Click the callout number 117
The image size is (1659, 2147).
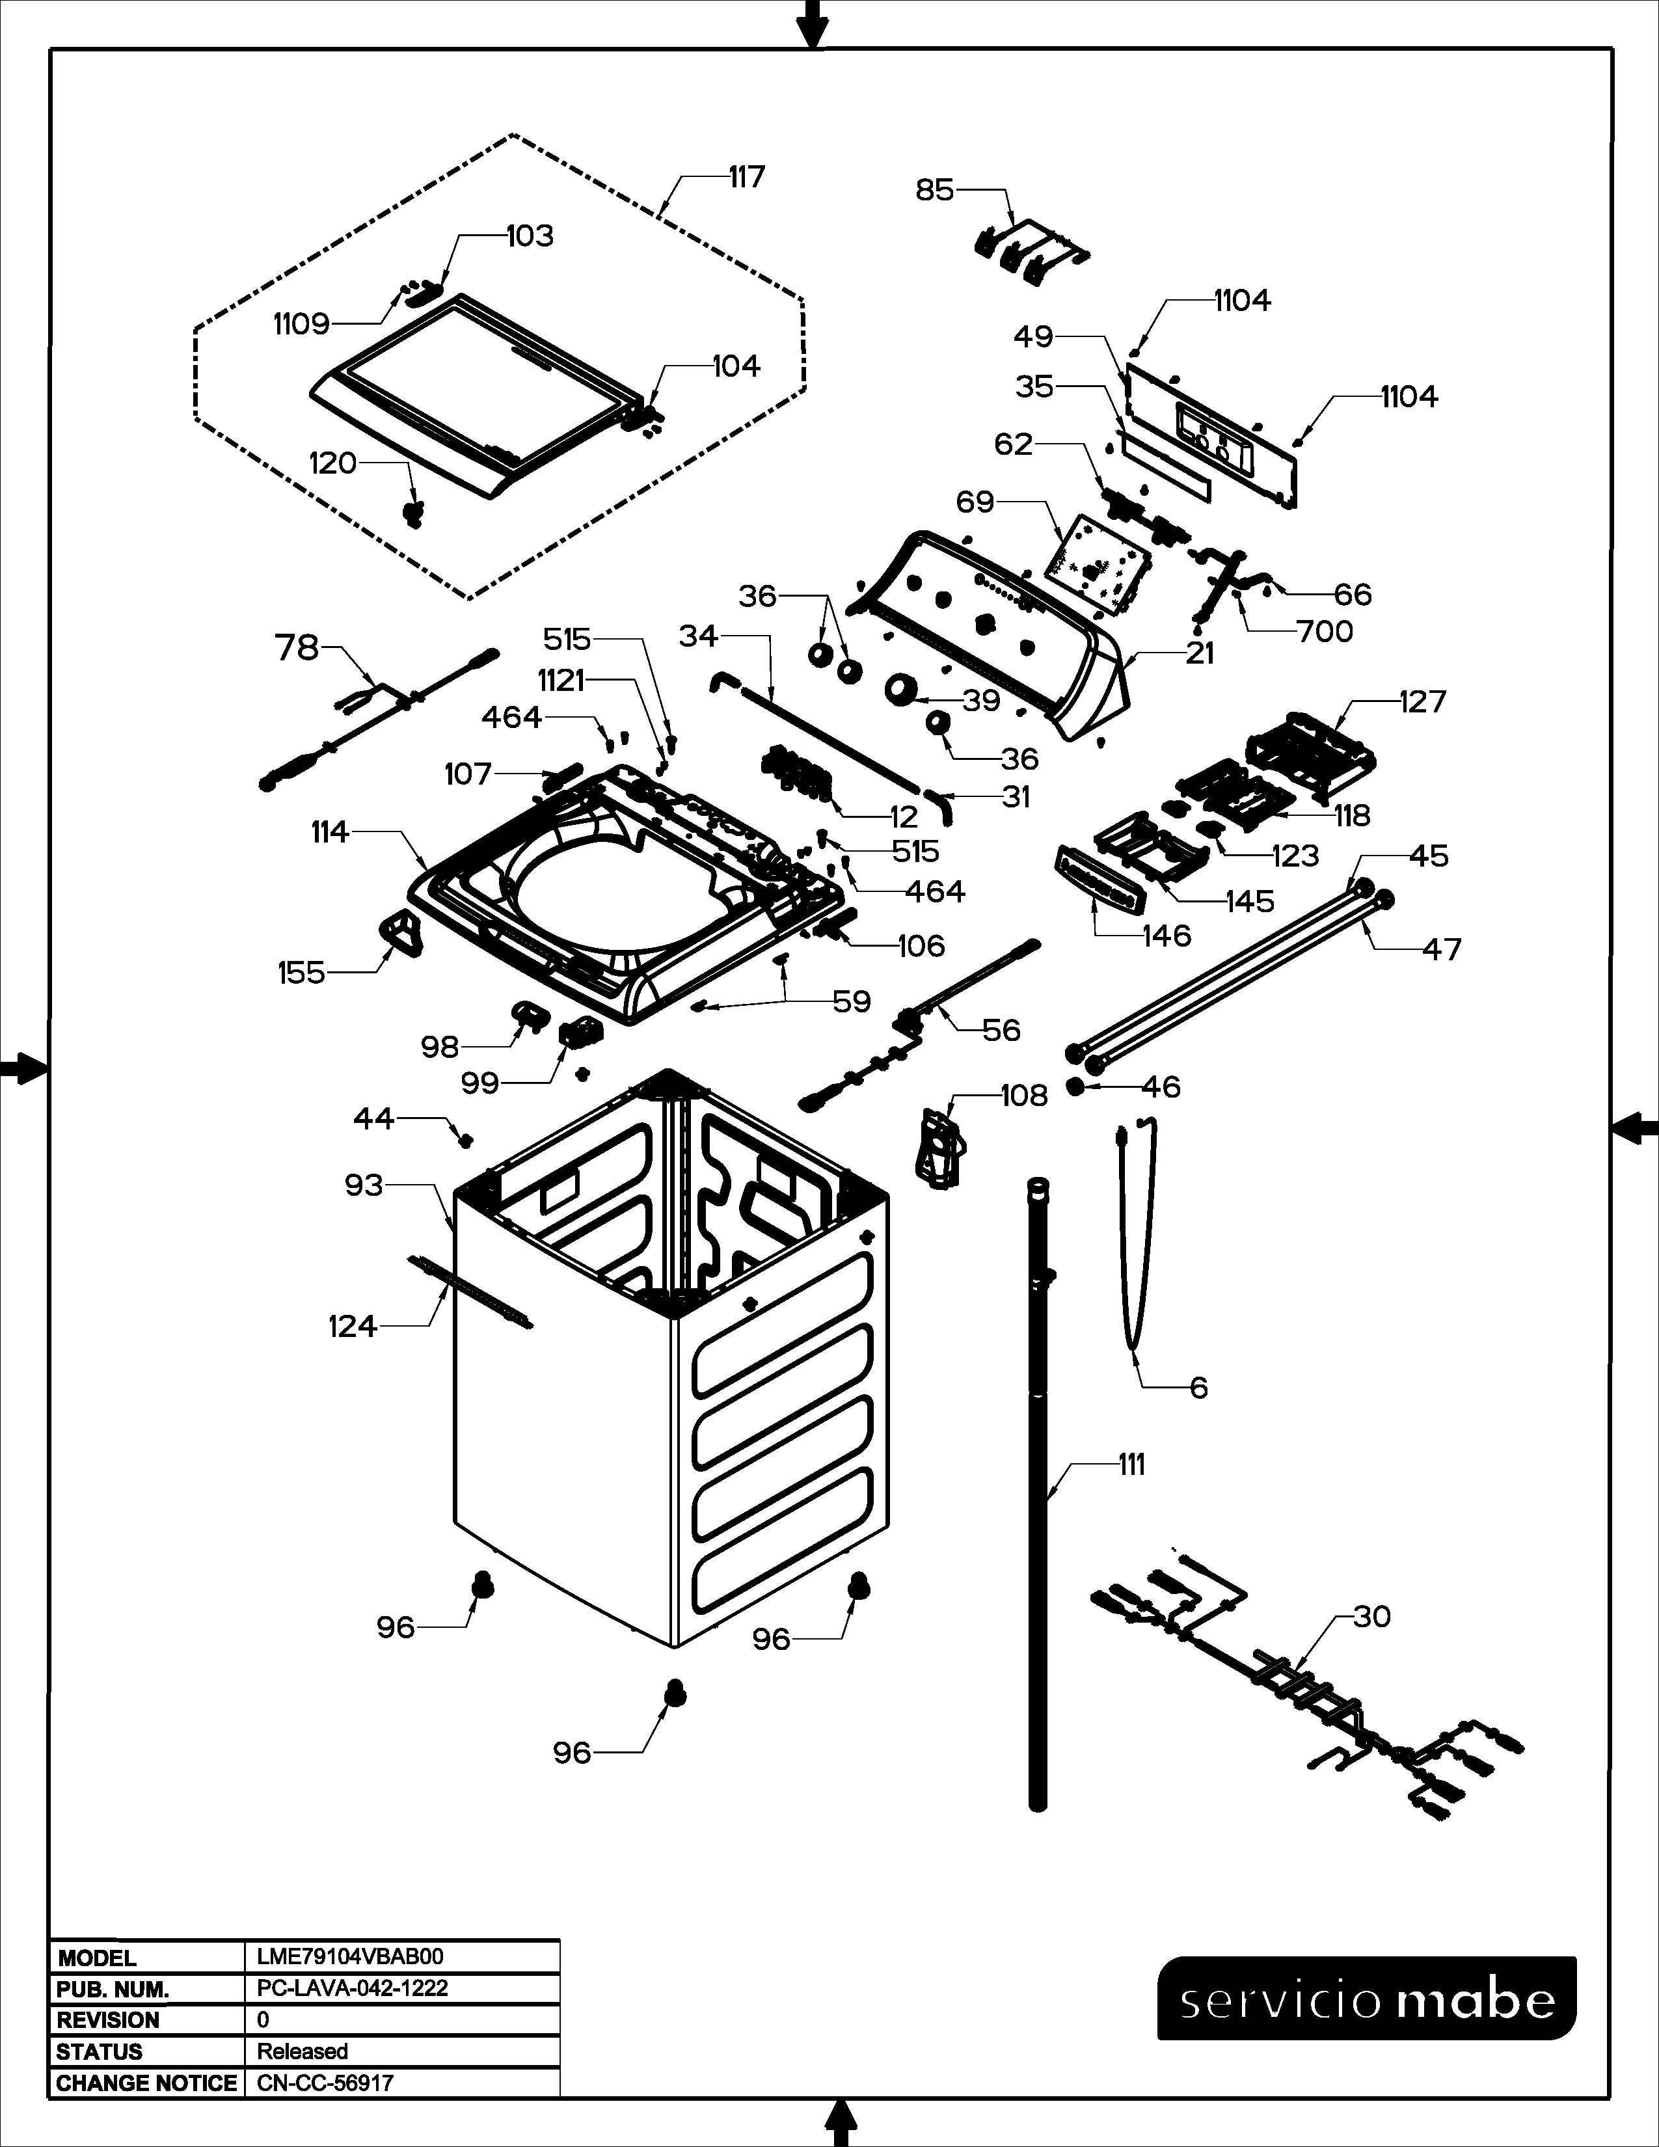[x=746, y=178]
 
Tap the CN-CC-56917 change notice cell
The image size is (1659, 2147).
[x=325, y=2083]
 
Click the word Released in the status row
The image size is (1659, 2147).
[x=302, y=2051]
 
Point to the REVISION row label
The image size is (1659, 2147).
[x=107, y=2020]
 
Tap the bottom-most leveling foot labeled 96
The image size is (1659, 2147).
[x=675, y=1693]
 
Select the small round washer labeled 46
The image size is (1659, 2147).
[x=1076, y=1087]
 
